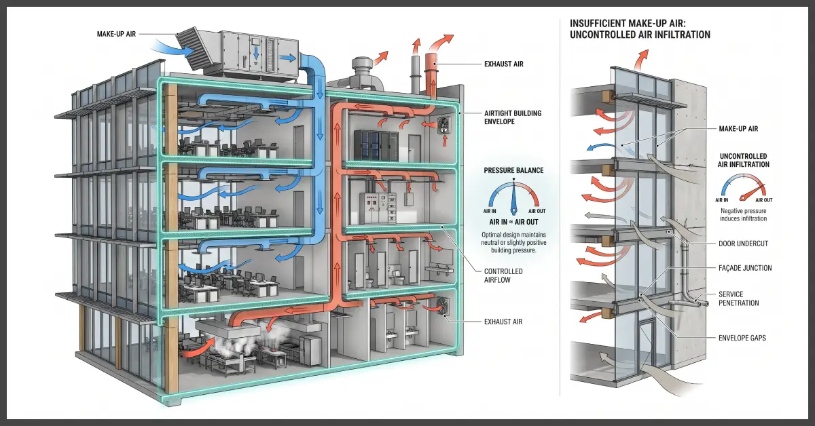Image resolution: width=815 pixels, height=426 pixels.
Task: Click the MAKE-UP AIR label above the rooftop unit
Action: [116, 34]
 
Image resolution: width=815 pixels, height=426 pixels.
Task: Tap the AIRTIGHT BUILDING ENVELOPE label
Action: [513, 117]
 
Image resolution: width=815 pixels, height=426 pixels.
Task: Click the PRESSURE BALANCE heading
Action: [513, 170]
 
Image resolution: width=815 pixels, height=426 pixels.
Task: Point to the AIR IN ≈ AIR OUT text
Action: [513, 222]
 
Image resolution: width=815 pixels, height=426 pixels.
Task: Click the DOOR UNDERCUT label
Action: [743, 244]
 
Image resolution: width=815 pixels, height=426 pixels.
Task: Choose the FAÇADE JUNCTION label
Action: [745, 268]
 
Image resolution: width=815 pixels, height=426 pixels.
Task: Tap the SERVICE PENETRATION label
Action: [739, 298]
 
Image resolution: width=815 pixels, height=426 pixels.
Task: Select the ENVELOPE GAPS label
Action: [742, 338]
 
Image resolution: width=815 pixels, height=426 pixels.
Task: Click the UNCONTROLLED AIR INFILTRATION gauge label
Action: [743, 160]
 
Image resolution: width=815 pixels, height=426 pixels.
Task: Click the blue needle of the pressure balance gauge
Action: [513, 196]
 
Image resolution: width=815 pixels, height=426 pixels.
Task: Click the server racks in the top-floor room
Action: [376, 145]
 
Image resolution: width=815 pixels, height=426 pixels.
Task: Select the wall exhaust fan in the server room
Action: [444, 126]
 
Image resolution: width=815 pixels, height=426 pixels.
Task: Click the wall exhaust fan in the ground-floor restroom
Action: [442, 307]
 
